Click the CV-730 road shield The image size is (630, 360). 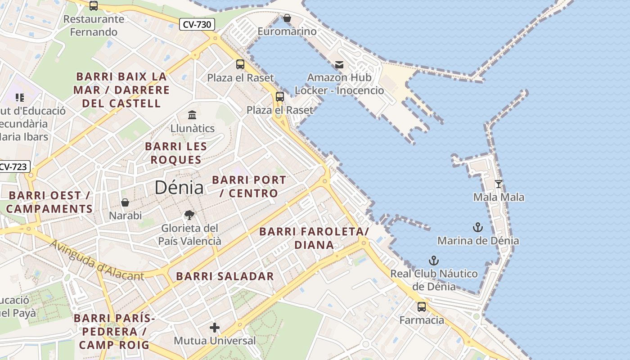197,24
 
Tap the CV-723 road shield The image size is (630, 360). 13,167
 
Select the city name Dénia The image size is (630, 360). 179,187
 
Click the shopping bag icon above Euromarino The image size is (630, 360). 287,18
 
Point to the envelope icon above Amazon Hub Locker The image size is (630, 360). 339,65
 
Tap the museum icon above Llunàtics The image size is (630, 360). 192,115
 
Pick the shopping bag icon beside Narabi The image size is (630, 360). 125,203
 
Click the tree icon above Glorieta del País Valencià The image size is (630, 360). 189,215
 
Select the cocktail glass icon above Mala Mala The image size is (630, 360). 499,184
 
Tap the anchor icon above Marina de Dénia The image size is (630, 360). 478,228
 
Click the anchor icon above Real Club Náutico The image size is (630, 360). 433,261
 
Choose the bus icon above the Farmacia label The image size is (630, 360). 422,307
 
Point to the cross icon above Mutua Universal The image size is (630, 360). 215,328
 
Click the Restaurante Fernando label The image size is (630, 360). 94,26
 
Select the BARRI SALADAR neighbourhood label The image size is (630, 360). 225,276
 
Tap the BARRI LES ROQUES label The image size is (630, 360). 176,153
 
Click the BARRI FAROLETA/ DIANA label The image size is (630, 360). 314,238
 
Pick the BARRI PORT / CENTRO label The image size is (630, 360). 249,186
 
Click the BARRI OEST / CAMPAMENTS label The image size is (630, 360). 49,202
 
